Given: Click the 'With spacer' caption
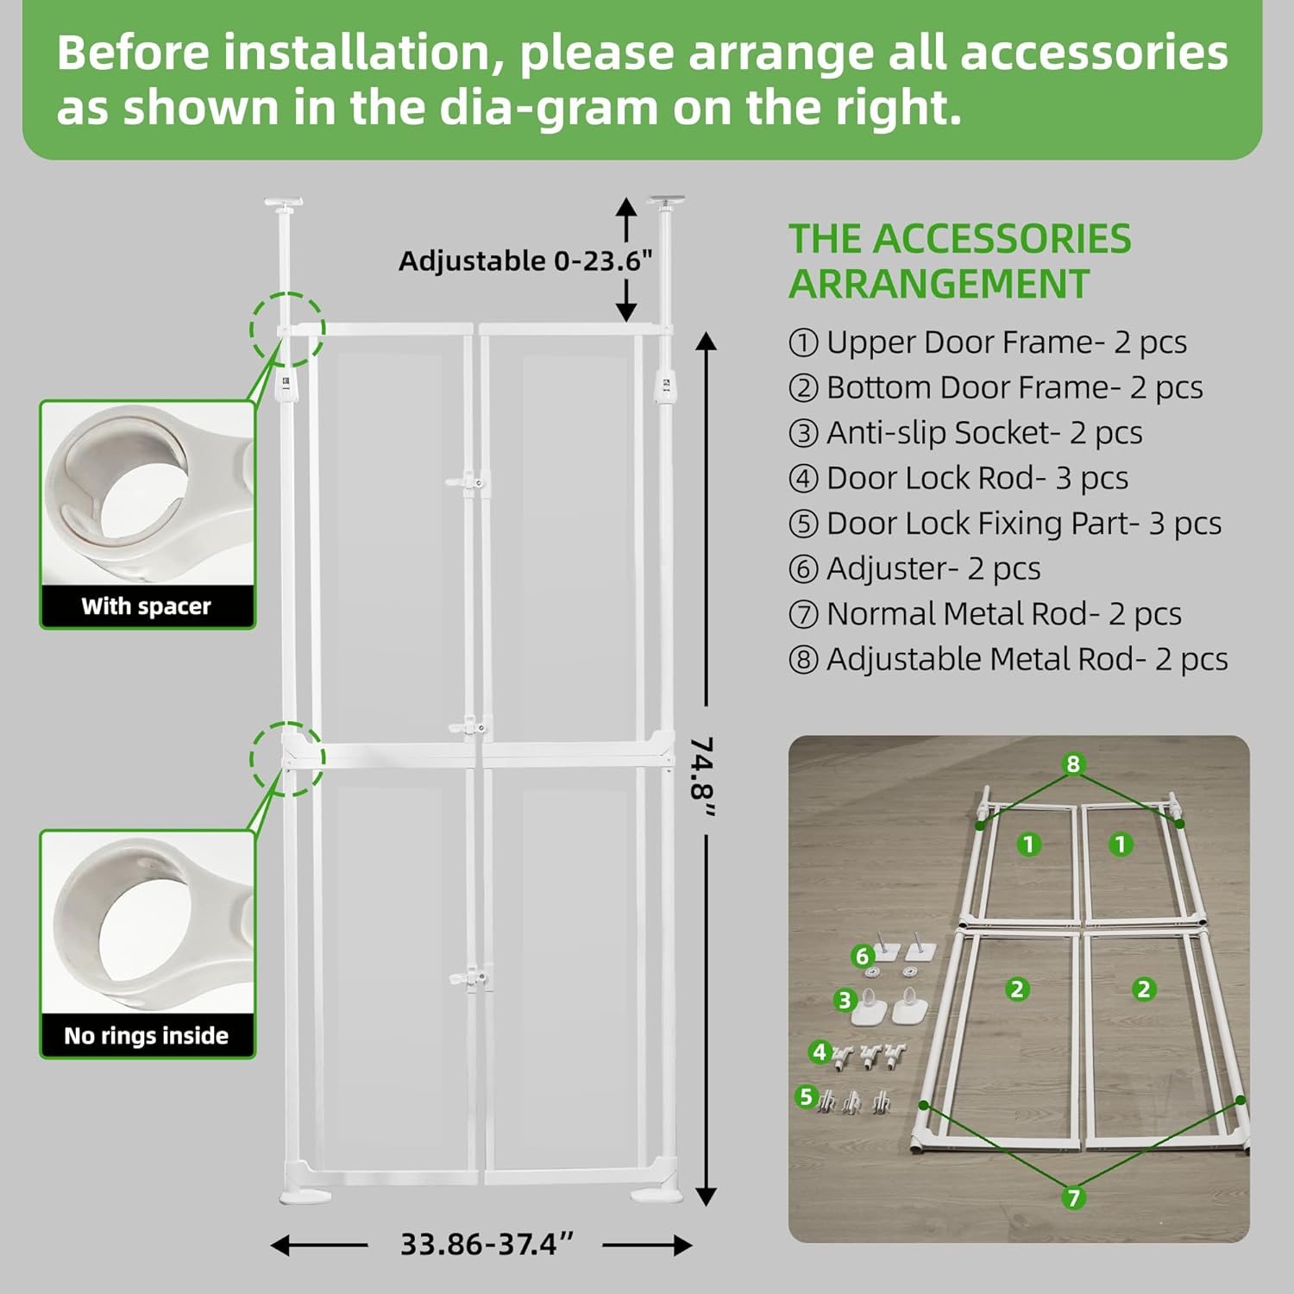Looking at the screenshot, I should [x=146, y=606].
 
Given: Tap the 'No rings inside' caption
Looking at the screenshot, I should [x=146, y=1035].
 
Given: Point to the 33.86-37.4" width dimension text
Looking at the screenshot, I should [x=487, y=1244].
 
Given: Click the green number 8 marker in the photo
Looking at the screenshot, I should [x=1073, y=763].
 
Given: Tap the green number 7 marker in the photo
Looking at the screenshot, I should [x=1073, y=1197].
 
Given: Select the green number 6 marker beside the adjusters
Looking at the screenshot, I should [x=862, y=956].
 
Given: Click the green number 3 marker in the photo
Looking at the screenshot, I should [x=845, y=1000].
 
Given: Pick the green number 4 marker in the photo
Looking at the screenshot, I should [x=820, y=1052].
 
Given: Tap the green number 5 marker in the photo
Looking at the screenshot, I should [x=806, y=1096].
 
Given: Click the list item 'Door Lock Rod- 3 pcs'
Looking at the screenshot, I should [x=958, y=478].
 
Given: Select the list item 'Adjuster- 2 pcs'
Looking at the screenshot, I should [x=914, y=568].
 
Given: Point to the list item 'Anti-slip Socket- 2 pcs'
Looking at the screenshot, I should [x=965, y=432].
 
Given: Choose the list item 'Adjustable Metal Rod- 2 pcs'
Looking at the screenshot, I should [x=1008, y=659].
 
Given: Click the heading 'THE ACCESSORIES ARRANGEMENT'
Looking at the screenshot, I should [x=959, y=261].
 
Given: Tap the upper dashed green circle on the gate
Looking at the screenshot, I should [x=287, y=330].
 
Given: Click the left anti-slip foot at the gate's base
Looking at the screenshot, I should [x=305, y=1195].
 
